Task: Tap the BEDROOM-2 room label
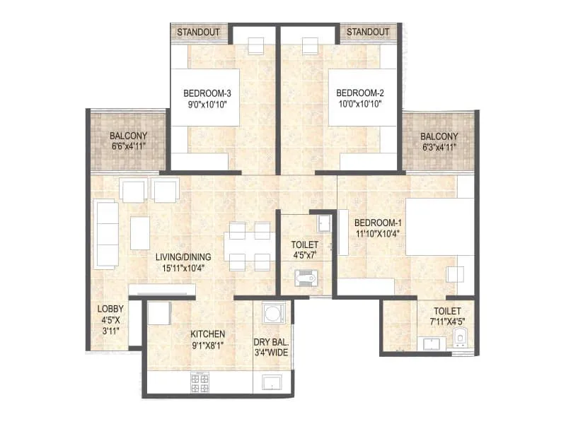[x=359, y=93]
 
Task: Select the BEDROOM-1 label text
[x=379, y=223]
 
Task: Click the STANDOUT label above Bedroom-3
[x=198, y=32]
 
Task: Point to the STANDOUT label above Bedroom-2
[x=368, y=32]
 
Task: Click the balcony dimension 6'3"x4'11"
[x=439, y=147]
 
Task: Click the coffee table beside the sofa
[x=140, y=232]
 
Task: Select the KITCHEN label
[x=207, y=334]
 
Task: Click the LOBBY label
[x=110, y=309]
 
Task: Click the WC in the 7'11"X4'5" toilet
[x=461, y=338]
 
